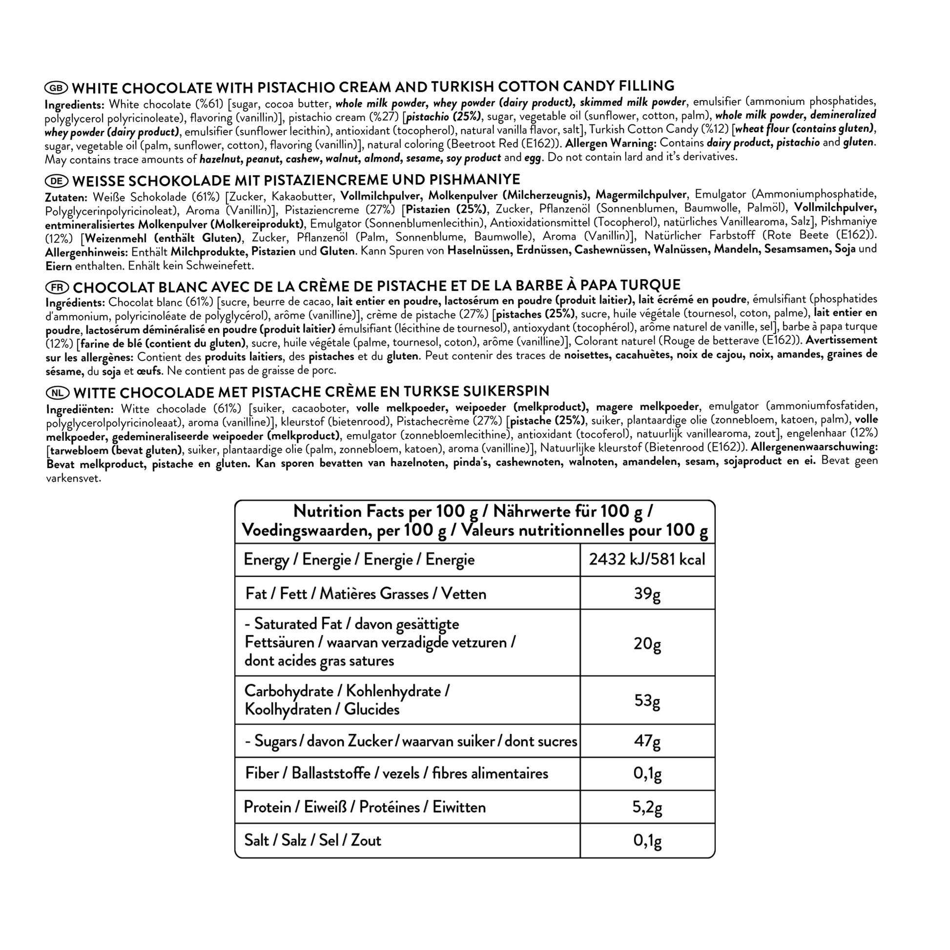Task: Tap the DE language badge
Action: (x=57, y=181)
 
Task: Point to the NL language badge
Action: (x=58, y=393)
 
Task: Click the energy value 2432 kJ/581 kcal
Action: (x=647, y=559)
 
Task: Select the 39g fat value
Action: (x=647, y=594)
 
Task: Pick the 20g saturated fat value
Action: (x=647, y=643)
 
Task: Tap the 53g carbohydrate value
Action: (x=647, y=700)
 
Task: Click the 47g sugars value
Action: (x=647, y=741)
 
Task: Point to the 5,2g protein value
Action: (x=647, y=807)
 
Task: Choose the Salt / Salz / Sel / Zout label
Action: (x=313, y=840)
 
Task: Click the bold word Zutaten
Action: (x=66, y=198)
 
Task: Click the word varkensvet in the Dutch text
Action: (x=73, y=478)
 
